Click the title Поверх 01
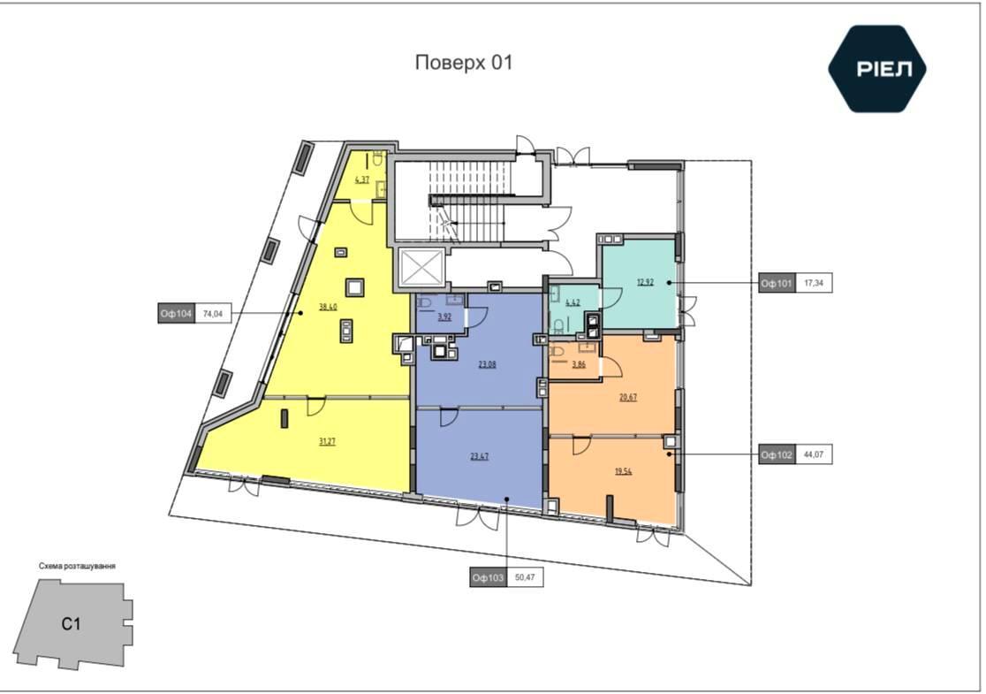pyautogui.click(x=464, y=63)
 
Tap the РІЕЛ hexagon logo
pyautogui.click(x=876, y=69)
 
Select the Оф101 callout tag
pyautogui.click(x=776, y=283)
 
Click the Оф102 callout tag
pyautogui.click(x=776, y=454)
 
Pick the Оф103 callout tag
pyautogui.click(x=488, y=577)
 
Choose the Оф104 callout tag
pyautogui.click(x=176, y=313)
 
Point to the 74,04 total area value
pyautogui.click(x=213, y=313)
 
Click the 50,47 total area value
pyautogui.click(x=525, y=577)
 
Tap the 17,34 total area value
pyautogui.click(x=813, y=283)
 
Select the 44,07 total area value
pyautogui.click(x=813, y=454)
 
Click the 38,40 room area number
pyautogui.click(x=328, y=308)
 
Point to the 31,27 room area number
pyautogui.click(x=327, y=442)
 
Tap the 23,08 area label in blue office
pyautogui.click(x=487, y=363)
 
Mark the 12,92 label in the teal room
pyautogui.click(x=645, y=282)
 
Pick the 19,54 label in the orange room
pyautogui.click(x=623, y=470)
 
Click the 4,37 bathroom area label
pyautogui.click(x=362, y=179)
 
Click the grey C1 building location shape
pyautogui.click(x=72, y=624)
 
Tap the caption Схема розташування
pyautogui.click(x=77, y=567)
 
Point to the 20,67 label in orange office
pyautogui.click(x=627, y=397)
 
